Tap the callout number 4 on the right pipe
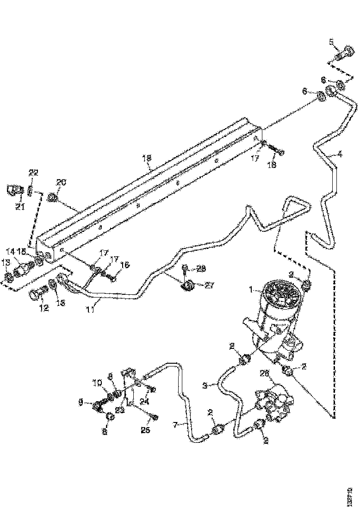[340, 155]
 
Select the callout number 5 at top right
[331, 42]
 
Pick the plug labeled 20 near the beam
[53, 199]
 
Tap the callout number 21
[19, 207]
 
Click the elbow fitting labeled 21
[15, 191]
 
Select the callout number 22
[33, 173]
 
